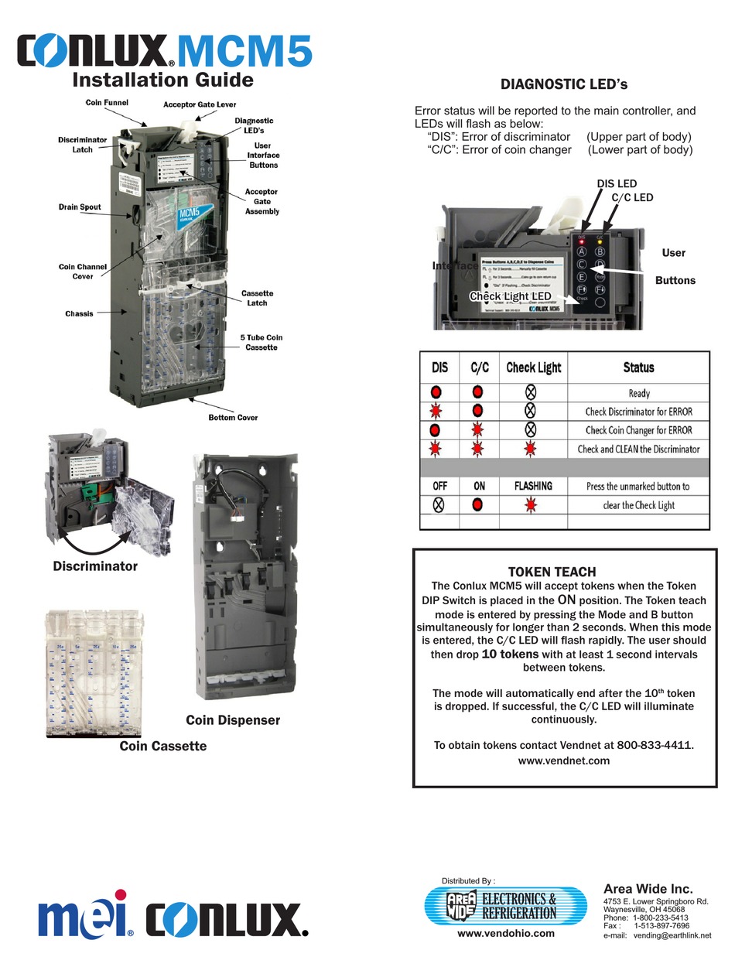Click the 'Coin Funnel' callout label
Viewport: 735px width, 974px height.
[x=107, y=102]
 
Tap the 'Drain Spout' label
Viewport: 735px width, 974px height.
[x=80, y=207]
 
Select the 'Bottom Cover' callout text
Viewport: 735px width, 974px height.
[x=233, y=418]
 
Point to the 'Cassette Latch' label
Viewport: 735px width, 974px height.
[x=256, y=298]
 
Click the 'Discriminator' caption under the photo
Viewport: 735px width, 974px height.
[x=95, y=566]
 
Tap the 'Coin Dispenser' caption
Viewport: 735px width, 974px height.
[x=233, y=720]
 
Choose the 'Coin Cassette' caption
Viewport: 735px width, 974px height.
[x=163, y=746]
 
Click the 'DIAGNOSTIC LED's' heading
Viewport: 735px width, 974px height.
[x=553, y=84]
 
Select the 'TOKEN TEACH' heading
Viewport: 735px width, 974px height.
[x=552, y=572]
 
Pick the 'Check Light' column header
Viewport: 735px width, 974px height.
[x=533, y=367]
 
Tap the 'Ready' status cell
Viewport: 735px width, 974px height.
[x=639, y=393]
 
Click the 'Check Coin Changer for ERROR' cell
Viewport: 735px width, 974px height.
[x=639, y=430]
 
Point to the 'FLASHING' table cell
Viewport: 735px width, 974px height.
[x=533, y=486]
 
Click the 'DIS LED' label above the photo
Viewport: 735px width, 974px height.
[x=617, y=183]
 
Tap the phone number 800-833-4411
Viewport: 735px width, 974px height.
[x=655, y=745]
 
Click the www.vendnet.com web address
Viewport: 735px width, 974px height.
[x=564, y=760]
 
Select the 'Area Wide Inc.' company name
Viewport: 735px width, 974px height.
[x=648, y=889]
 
